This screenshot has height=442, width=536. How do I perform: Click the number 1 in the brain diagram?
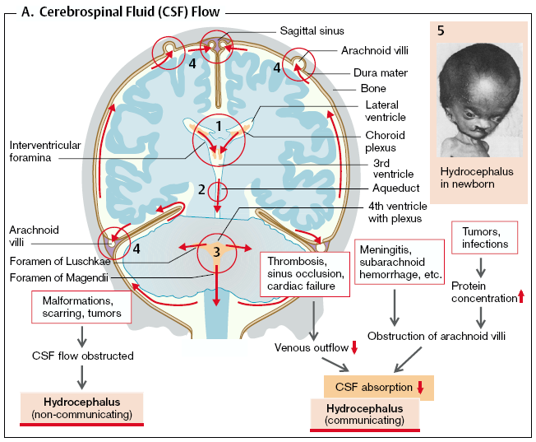pos(219,124)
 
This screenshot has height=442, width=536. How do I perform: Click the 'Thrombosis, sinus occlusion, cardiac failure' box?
pos(300,274)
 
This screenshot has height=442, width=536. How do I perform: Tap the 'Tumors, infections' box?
pos(485,238)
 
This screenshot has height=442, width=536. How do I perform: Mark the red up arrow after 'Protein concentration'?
pos(520,296)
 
